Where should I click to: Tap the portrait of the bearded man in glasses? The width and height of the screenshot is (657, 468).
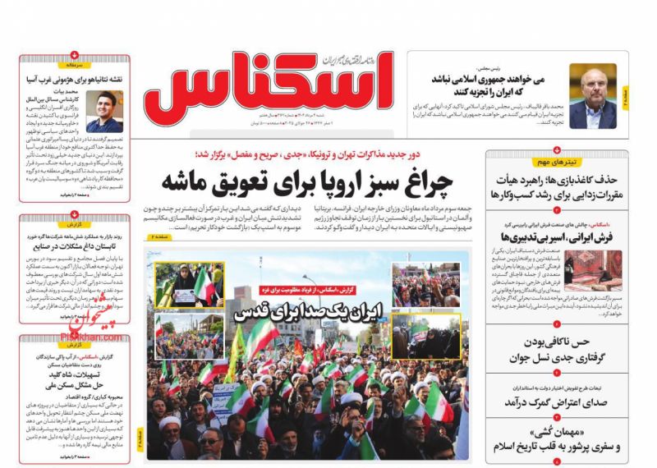pos(592,96)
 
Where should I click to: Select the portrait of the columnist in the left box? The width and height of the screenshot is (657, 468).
pos(105,112)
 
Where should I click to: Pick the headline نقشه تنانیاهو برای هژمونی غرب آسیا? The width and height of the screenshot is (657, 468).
pos(74,79)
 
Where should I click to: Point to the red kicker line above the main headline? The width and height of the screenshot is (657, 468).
pos(310,154)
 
